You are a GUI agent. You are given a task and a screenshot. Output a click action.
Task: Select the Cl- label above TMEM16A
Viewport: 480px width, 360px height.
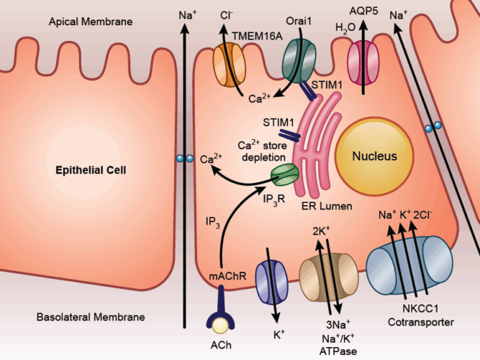[225, 14]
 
